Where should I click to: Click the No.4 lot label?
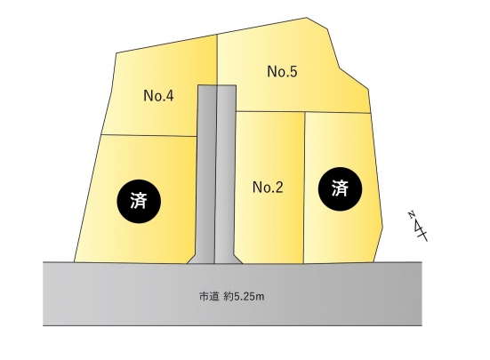(x=158, y=95)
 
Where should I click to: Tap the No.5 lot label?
(x=282, y=71)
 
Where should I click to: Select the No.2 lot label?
(x=268, y=188)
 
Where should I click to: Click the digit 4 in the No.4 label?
(x=169, y=95)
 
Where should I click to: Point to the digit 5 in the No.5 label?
(x=293, y=71)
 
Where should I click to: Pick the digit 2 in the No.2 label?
(x=278, y=188)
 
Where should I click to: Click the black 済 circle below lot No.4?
(x=139, y=201)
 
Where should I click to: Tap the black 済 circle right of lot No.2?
(x=340, y=189)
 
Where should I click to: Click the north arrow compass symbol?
(x=418, y=227)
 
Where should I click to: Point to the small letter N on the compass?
(x=411, y=215)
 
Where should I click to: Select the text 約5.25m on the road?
(x=244, y=296)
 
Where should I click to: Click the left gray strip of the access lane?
(x=206, y=173)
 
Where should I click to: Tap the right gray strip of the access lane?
(x=225, y=173)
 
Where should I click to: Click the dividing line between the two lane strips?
(x=216, y=174)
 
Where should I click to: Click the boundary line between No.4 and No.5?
(x=217, y=60)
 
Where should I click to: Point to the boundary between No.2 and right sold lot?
(x=304, y=188)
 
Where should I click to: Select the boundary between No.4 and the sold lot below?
(x=149, y=135)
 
